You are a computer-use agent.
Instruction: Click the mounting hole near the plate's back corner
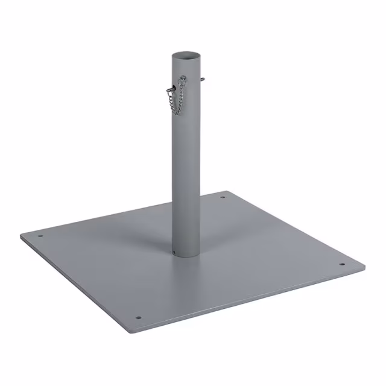pyautogui.click(x=222, y=197)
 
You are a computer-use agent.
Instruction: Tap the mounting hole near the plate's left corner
pyautogui.click(x=41, y=236)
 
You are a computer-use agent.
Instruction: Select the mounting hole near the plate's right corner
pyautogui.click(x=341, y=264)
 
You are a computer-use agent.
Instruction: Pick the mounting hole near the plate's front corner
pyautogui.click(x=138, y=315)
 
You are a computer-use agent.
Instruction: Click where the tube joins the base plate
pyautogui.click(x=186, y=255)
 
